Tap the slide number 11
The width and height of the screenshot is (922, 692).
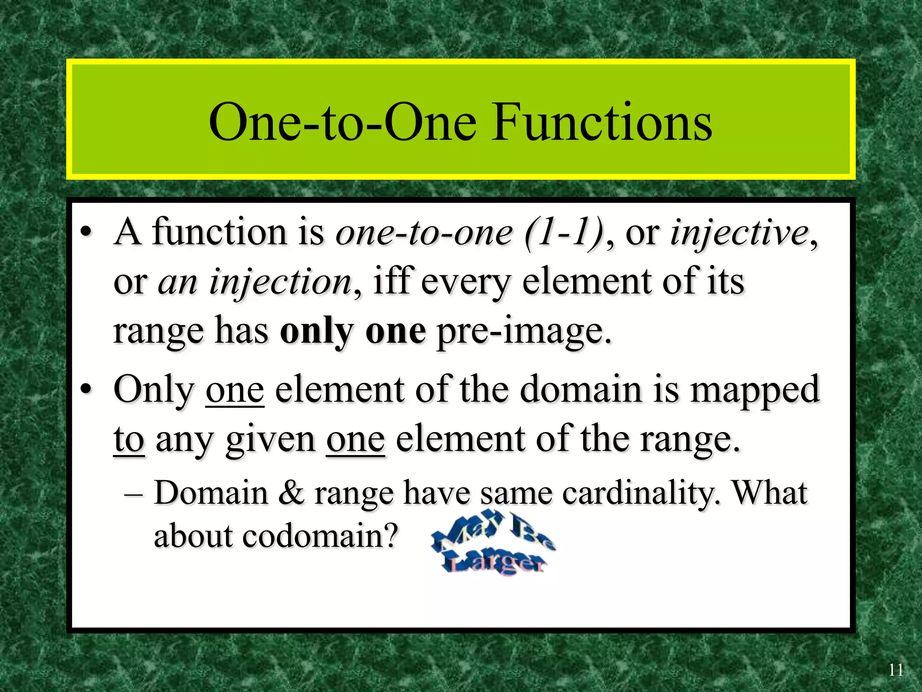(x=895, y=670)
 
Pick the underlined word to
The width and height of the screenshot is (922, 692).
(x=129, y=439)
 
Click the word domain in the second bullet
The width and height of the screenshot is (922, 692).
(x=581, y=389)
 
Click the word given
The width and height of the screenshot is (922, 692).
(x=270, y=440)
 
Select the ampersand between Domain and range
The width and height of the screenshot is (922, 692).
(x=291, y=493)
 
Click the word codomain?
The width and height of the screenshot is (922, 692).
(x=321, y=536)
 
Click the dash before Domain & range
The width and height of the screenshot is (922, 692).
(x=134, y=493)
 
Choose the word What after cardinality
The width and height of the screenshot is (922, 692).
(x=770, y=493)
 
